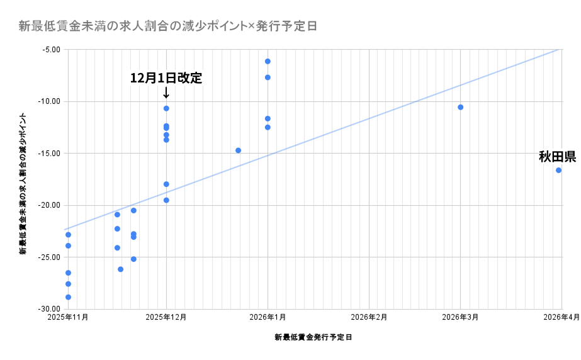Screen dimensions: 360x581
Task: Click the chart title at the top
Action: [x=167, y=26]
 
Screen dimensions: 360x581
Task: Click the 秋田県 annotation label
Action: [x=557, y=157]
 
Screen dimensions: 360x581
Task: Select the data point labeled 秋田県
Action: [x=558, y=170]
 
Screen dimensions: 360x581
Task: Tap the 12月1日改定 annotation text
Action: [x=166, y=78]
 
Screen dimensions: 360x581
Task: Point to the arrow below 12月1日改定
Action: [x=166, y=93]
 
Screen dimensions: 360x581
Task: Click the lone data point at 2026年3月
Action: [x=460, y=107]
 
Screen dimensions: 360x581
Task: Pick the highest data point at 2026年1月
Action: [x=268, y=61]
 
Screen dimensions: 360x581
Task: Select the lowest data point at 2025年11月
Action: [x=68, y=297]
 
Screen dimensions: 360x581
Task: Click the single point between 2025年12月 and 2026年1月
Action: [x=238, y=150]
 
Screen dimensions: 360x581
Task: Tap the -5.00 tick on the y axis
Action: [x=50, y=49]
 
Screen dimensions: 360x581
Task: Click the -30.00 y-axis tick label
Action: [x=48, y=309]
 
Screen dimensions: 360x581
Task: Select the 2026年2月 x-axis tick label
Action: [x=368, y=317]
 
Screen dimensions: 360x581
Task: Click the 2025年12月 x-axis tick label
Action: [x=166, y=317]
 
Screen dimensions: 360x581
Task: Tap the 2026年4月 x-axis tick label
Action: [x=561, y=317]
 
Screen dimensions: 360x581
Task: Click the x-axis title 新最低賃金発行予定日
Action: [x=313, y=337]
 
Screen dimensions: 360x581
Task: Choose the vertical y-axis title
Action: [x=23, y=184]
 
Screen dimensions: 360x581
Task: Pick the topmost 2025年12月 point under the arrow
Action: [x=166, y=108]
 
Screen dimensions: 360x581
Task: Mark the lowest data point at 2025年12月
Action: [x=166, y=200]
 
